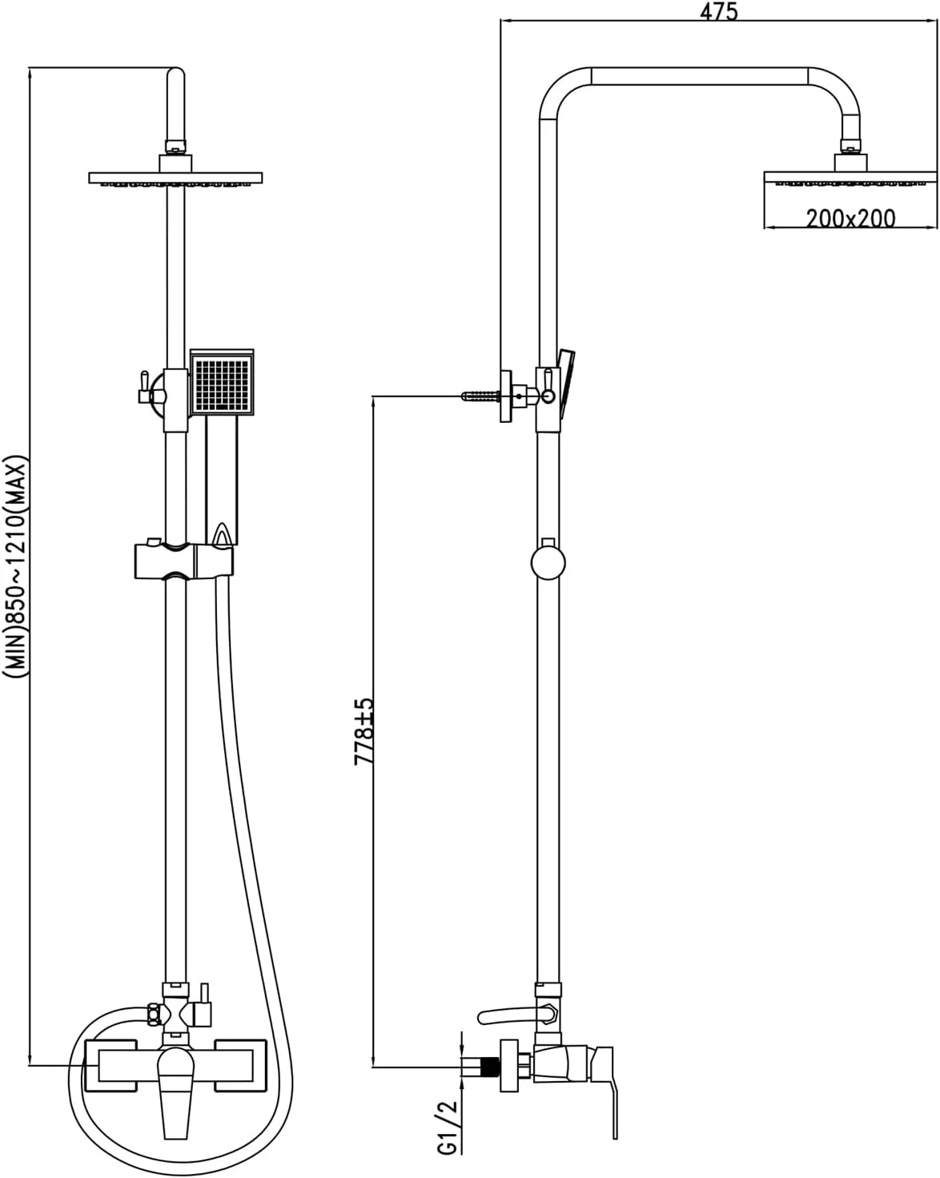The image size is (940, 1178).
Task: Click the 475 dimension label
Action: [x=719, y=11]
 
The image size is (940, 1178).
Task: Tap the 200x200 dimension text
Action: [x=851, y=219]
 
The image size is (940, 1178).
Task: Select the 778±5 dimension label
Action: [x=364, y=731]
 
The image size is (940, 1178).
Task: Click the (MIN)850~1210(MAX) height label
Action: [x=14, y=567]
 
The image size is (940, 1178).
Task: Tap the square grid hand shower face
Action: [x=222, y=384]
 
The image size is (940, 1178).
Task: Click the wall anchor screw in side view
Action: [x=480, y=396]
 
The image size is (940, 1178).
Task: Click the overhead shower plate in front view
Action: [x=175, y=178]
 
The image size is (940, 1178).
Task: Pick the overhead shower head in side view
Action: [x=850, y=178]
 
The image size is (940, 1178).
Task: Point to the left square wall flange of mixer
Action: [x=111, y=1065]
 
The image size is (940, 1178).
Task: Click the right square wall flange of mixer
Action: [x=240, y=1065]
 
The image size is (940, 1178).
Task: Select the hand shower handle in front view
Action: [x=222, y=479]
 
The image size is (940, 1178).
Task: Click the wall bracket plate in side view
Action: [x=506, y=396]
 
